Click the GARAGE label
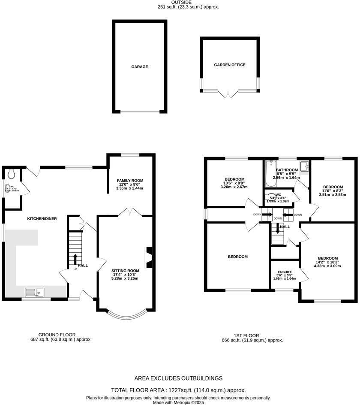click(139, 67)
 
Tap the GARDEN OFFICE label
click(230, 65)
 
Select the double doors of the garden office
click(229, 94)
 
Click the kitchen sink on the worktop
click(35, 293)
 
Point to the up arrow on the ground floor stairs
click(75, 259)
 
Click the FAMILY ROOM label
click(129, 181)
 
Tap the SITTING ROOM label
click(126, 271)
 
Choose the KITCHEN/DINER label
click(42, 219)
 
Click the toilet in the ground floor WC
click(12, 173)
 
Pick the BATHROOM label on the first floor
click(287, 170)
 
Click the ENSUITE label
click(285, 272)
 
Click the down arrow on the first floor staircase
click(278, 229)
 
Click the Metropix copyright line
click(179, 402)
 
